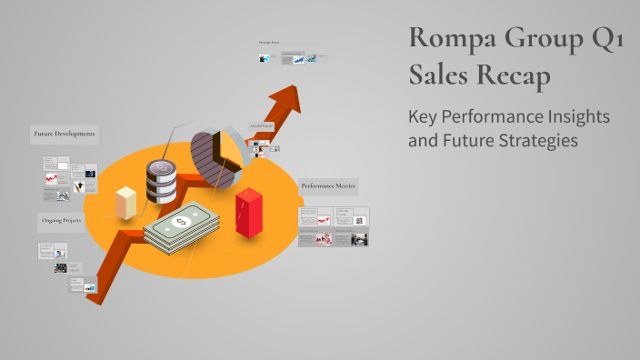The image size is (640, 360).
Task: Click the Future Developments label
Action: (65, 134)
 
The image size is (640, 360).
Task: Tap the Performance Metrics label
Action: (328, 186)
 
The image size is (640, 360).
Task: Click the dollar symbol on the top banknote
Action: (182, 220)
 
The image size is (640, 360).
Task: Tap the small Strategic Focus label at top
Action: (269, 43)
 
